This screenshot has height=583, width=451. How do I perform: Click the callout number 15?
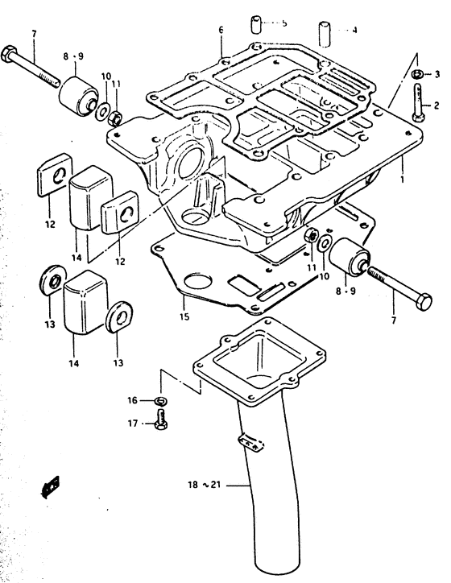184,316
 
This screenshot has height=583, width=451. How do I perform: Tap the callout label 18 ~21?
204,485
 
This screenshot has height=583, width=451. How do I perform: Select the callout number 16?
132,400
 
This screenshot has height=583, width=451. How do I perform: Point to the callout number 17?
133,424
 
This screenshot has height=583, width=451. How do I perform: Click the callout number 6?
221,30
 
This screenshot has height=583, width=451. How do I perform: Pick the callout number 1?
402,179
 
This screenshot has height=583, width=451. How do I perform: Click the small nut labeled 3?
416,73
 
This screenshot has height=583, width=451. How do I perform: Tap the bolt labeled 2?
418,102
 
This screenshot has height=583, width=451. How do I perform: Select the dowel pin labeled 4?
325,35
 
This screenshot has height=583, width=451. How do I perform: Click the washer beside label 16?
161,401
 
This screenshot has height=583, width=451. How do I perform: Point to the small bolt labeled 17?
160,419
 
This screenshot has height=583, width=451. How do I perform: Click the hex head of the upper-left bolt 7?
9,55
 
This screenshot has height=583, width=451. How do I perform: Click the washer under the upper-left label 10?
101,111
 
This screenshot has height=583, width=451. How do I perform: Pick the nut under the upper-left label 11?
115,118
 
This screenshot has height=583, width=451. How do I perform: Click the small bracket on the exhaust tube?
251,442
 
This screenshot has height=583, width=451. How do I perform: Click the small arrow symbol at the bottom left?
50,486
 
